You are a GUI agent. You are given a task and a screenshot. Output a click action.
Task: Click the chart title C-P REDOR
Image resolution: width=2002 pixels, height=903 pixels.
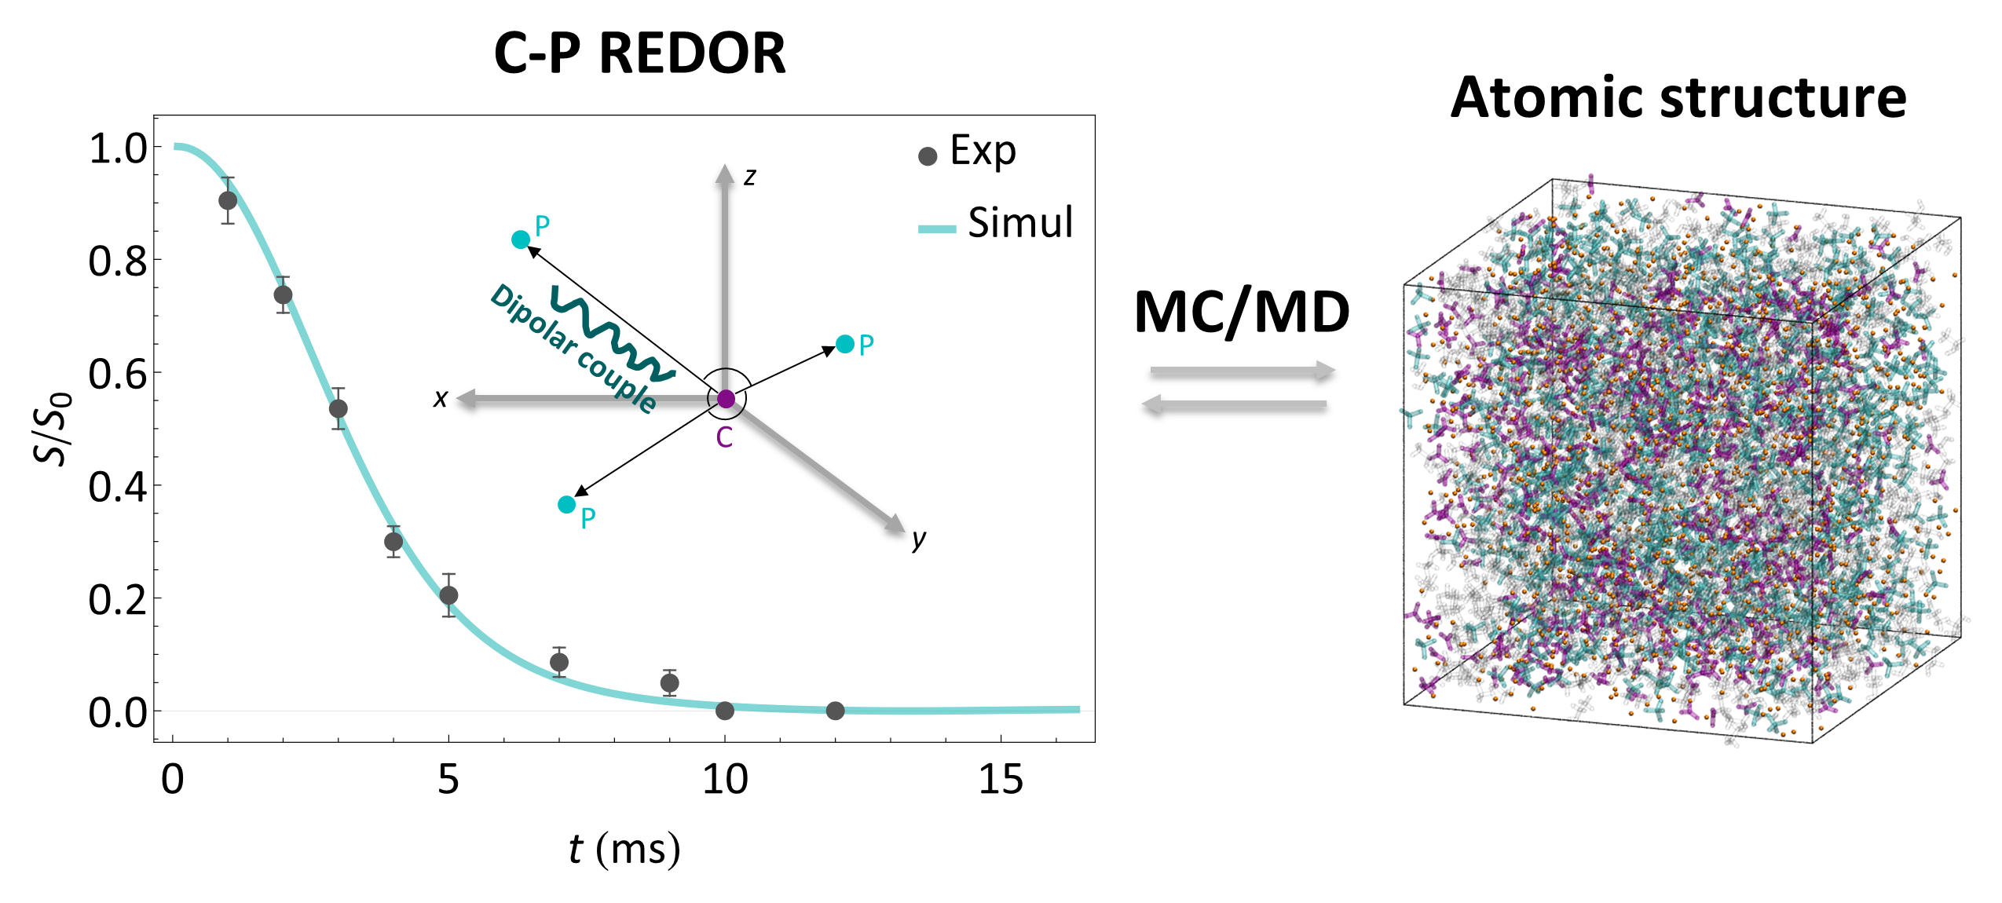(x=639, y=54)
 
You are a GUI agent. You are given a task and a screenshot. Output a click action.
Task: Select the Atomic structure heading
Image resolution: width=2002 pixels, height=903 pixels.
(x=1678, y=98)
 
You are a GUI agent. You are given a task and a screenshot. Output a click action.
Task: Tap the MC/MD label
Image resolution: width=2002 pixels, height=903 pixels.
(x=1242, y=313)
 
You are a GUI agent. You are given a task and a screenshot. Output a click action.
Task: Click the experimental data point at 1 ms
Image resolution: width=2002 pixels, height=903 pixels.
(x=228, y=200)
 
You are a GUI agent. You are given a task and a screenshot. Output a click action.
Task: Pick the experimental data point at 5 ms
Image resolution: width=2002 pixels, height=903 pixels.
(x=448, y=595)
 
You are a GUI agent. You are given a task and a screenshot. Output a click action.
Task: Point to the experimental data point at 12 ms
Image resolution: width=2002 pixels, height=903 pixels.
(x=835, y=711)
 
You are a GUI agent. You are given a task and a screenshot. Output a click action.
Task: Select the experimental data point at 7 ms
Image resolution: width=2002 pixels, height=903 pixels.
(x=559, y=662)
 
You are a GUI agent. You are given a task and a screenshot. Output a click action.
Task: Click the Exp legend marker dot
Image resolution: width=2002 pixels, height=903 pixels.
(x=928, y=156)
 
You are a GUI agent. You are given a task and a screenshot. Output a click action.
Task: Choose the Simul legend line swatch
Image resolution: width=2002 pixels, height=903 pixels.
(x=937, y=229)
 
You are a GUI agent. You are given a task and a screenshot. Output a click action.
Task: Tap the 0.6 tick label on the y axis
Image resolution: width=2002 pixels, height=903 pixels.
(x=117, y=375)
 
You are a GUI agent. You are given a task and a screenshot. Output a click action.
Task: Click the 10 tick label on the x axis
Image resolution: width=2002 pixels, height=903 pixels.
(x=724, y=780)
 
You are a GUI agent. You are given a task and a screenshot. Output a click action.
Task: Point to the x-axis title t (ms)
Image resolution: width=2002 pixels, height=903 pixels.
(x=624, y=850)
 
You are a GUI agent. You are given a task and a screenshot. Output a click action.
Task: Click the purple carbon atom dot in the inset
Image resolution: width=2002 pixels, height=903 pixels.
(x=727, y=399)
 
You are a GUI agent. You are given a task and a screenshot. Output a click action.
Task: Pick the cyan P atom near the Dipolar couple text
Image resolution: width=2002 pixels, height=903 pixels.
(x=521, y=239)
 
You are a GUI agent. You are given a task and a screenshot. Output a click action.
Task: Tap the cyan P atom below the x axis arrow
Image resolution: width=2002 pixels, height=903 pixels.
(x=566, y=504)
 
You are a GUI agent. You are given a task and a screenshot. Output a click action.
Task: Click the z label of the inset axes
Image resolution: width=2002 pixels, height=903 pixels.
(x=750, y=177)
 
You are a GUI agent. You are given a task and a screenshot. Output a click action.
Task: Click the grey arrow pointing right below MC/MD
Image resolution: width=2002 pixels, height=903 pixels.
(x=1243, y=371)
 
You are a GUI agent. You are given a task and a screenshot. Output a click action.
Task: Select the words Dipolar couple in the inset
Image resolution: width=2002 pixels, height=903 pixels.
(x=573, y=348)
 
